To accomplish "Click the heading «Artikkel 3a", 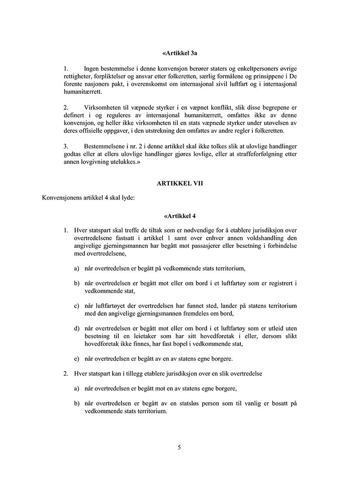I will [x=180, y=53].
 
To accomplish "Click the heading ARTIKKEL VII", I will [x=180, y=184].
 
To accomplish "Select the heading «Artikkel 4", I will [x=180, y=215].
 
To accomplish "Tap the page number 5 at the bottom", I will [x=180, y=447].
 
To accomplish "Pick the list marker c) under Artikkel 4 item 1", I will [x=77, y=306].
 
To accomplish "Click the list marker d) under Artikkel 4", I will [x=77, y=329].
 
